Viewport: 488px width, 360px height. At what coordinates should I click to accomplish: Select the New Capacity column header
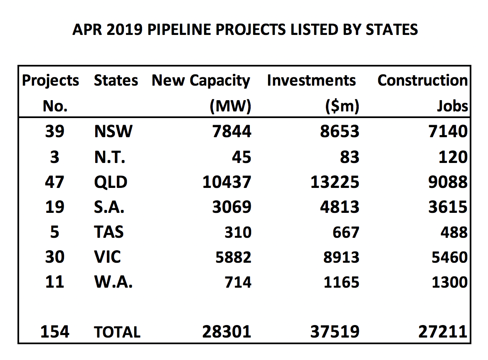[201, 81]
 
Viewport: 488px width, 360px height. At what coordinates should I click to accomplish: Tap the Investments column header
[311, 81]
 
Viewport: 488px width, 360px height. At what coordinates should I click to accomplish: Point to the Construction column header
[422, 81]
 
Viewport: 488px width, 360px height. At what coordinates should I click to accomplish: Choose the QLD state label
[111, 182]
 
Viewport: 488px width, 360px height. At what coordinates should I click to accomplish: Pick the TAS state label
[109, 232]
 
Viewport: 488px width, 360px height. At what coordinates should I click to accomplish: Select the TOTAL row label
[117, 332]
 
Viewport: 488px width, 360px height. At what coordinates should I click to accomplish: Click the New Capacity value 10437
[227, 182]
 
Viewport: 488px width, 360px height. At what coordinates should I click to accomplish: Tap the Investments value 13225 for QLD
[335, 182]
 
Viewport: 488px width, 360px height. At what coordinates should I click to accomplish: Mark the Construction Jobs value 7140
[449, 132]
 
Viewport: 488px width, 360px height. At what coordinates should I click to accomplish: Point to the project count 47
[55, 182]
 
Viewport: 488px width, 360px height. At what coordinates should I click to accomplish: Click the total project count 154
[55, 332]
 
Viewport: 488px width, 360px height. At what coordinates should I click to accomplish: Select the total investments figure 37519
[335, 332]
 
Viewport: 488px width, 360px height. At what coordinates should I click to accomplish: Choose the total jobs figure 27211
[443, 332]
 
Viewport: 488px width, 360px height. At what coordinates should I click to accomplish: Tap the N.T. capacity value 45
[241, 157]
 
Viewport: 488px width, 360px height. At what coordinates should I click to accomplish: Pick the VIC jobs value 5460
[449, 257]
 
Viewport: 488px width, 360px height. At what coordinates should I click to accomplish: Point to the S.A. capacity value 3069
[232, 207]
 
